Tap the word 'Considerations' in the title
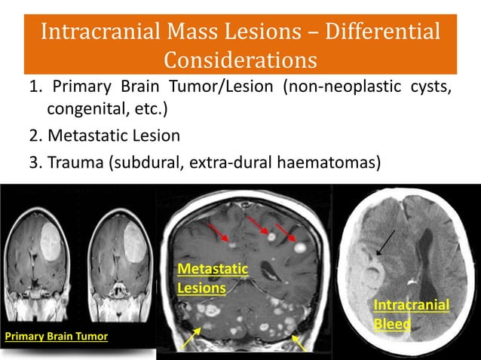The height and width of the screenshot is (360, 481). [240, 58]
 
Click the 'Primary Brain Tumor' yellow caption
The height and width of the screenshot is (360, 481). [57, 336]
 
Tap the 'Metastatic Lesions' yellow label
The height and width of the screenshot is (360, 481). [201, 278]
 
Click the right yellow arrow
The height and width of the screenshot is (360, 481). [299, 343]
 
